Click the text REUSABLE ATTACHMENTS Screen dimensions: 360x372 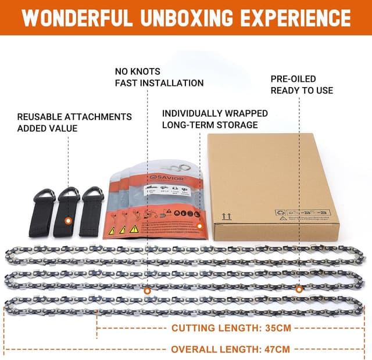74,117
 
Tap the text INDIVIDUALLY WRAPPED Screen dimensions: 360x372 214,113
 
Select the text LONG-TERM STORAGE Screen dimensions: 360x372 210,124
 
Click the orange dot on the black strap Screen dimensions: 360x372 68,221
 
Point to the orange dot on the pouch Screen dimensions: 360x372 199,226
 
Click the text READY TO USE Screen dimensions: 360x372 302,90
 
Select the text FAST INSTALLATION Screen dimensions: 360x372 159,83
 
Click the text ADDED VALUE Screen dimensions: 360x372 47,128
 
